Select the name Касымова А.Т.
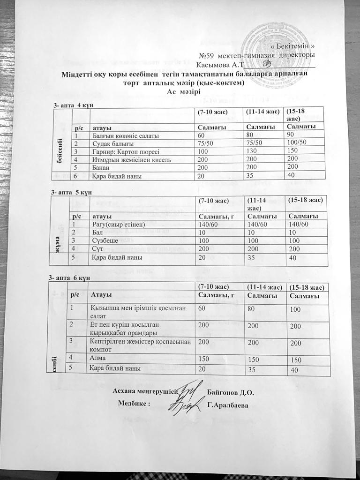click(220, 64)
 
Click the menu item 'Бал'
click(96, 232)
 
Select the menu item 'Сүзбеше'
click(104, 240)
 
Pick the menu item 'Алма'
click(99, 358)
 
